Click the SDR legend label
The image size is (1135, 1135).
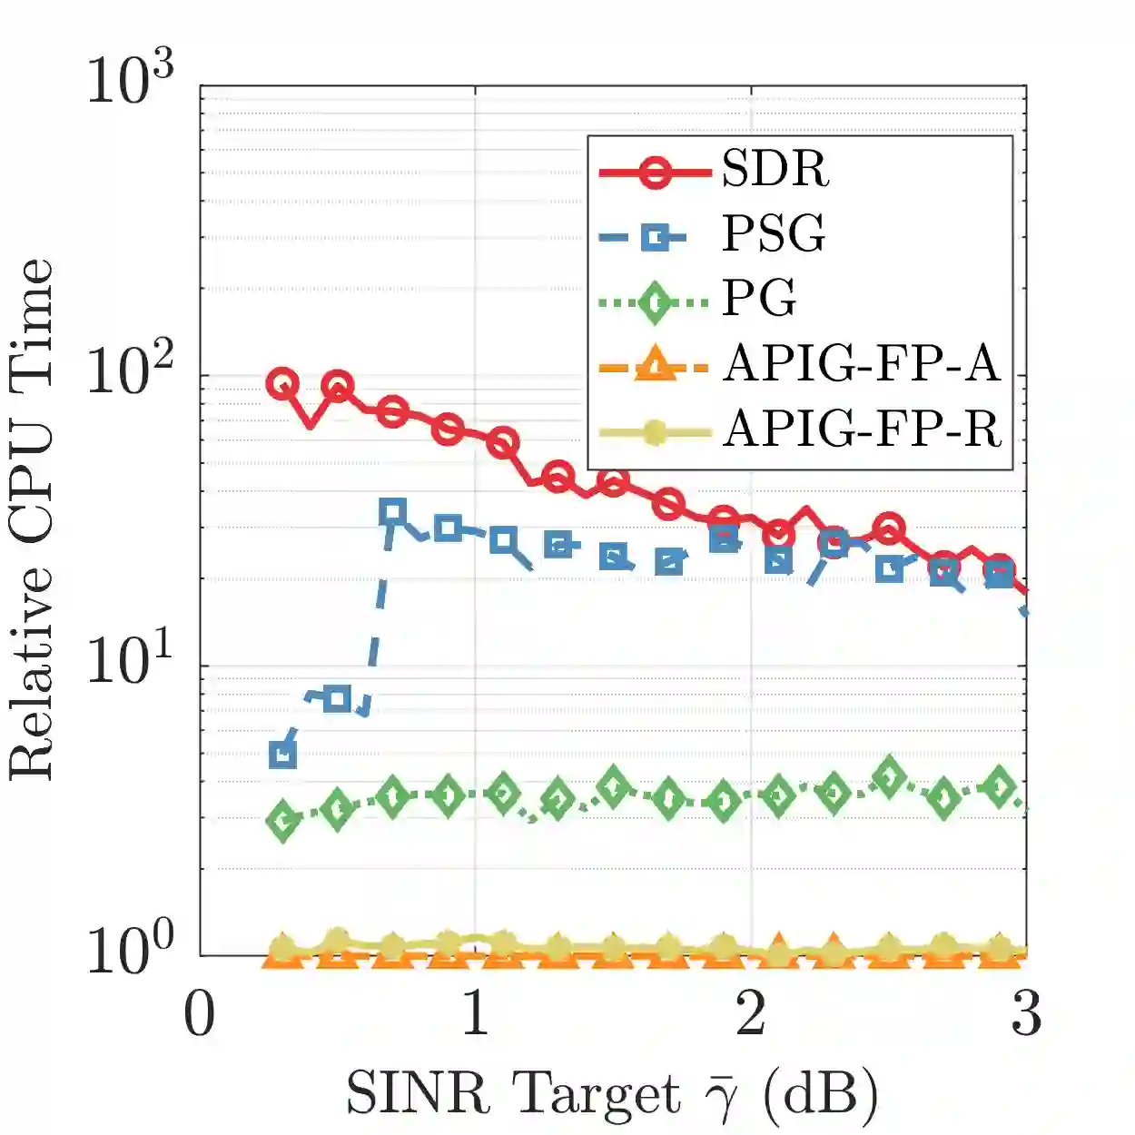pyautogui.click(x=775, y=169)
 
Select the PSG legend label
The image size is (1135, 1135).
pyautogui.click(x=774, y=234)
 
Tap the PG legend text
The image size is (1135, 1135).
pyautogui.click(x=759, y=298)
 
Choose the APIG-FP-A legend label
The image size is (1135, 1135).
pyautogui.click(x=862, y=364)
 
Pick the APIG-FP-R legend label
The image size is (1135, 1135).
pyautogui.click(x=863, y=429)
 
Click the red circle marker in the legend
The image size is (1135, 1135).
pyautogui.click(x=655, y=170)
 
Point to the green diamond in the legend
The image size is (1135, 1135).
pyautogui.click(x=655, y=302)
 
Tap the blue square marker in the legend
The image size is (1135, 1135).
pyautogui.click(x=655, y=238)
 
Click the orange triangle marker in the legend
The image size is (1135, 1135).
pyautogui.click(x=654, y=366)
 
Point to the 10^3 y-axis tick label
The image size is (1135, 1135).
pyautogui.click(x=130, y=81)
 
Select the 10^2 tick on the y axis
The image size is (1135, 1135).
pyautogui.click(x=130, y=370)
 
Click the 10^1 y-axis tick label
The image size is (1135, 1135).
pyautogui.click(x=130, y=661)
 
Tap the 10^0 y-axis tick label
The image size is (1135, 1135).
pyautogui.click(x=130, y=950)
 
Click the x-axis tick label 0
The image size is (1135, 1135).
pyautogui.click(x=200, y=1014)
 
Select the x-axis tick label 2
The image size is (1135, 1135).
pyautogui.click(x=751, y=1014)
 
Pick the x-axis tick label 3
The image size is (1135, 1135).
pyautogui.click(x=1026, y=1014)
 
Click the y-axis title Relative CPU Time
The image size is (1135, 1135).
pyautogui.click(x=33, y=519)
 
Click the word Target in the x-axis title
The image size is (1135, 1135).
pyautogui.click(x=595, y=1093)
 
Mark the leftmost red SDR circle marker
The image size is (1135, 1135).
pyautogui.click(x=282, y=384)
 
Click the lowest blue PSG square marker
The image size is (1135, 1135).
pyautogui.click(x=283, y=755)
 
